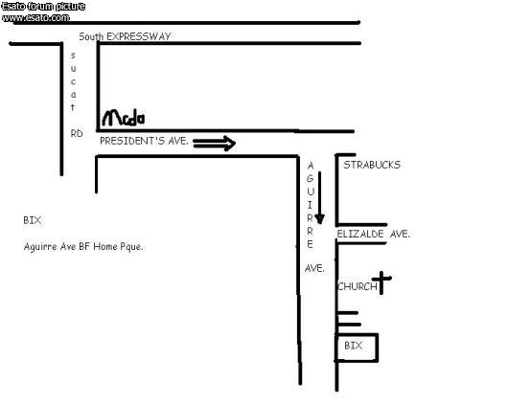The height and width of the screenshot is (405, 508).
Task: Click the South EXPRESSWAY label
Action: [x=125, y=36]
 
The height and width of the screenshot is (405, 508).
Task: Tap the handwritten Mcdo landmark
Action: [x=124, y=118]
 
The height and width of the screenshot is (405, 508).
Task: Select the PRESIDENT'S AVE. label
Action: [x=144, y=141]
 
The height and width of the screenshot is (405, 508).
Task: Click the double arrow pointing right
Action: [x=214, y=144]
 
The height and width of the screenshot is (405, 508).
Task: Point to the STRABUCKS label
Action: [x=372, y=165]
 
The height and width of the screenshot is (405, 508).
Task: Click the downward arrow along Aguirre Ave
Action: [x=319, y=197]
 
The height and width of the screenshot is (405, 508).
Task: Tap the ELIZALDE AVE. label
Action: [x=373, y=234]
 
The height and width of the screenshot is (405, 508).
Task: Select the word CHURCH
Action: [x=358, y=286]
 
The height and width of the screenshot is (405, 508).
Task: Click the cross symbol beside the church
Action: [x=381, y=282]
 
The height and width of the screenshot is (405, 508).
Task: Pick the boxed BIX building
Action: [x=357, y=347]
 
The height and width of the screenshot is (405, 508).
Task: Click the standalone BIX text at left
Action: [x=33, y=220]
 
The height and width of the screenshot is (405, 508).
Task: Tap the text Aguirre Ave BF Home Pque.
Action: [x=83, y=247]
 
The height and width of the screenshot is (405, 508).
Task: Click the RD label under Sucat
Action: [x=77, y=133]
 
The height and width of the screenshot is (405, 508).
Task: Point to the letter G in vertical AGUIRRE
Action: [x=310, y=178]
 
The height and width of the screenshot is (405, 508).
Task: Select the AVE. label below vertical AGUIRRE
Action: [x=314, y=268]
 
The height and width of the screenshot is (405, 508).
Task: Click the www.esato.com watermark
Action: [x=35, y=18]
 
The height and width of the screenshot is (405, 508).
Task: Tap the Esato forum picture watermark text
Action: [x=43, y=7]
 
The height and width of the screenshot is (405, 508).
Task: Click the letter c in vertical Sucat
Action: [x=73, y=81]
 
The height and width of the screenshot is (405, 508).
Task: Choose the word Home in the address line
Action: [x=105, y=247]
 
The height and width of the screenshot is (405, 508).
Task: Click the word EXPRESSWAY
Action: [x=139, y=36]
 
